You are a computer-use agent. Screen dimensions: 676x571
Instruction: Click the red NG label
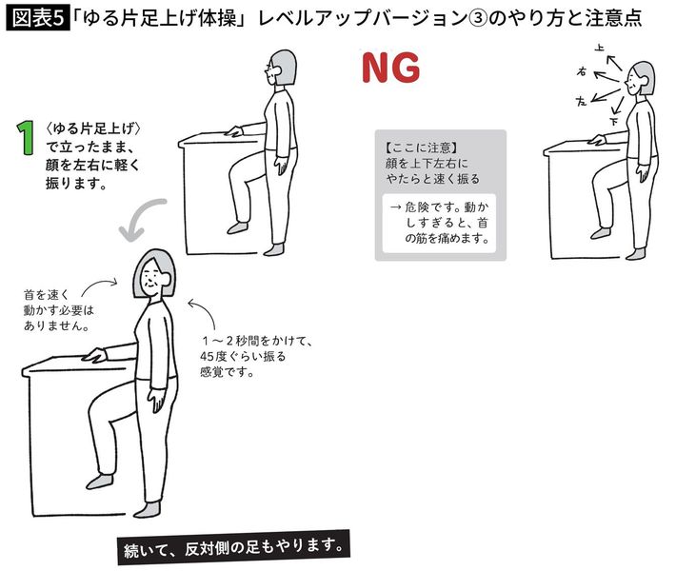coord(390,68)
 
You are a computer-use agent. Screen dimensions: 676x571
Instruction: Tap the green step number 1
coord(26,137)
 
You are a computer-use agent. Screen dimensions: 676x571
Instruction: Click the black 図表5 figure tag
coord(38,18)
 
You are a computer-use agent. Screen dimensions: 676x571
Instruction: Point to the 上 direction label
coord(599,48)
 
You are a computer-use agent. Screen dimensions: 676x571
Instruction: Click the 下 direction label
coord(613,122)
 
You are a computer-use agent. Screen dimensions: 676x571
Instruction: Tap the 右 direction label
coord(582,71)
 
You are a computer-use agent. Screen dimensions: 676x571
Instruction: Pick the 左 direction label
coord(582,101)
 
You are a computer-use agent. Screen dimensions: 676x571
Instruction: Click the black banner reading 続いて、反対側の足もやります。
coord(233,547)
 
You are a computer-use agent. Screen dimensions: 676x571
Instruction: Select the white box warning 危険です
coord(439,224)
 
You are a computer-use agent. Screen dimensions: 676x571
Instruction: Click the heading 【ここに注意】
coord(421,148)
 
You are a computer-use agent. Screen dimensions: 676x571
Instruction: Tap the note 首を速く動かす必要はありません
coord(59,310)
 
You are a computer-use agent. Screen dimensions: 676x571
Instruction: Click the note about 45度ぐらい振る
coord(255,356)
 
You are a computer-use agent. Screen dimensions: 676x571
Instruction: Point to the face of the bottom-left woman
coord(152,278)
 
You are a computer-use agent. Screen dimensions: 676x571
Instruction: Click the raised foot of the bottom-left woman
coord(100,481)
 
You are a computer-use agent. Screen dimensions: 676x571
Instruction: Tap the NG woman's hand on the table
coord(598,140)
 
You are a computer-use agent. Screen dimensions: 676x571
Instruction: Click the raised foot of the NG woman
coord(601,233)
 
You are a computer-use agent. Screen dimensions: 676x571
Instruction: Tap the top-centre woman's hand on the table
coord(234,131)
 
